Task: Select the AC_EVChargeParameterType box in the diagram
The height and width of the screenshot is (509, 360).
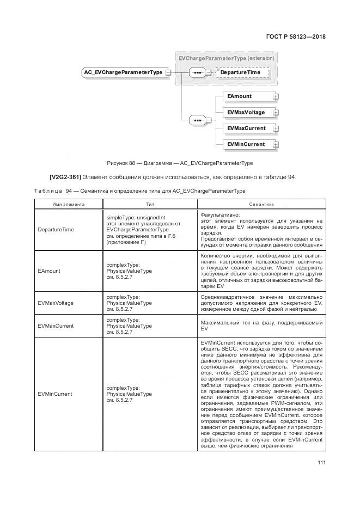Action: coord(123,72)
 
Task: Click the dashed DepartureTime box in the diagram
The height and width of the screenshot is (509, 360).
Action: coord(243,72)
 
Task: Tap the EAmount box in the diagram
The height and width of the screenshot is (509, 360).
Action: coord(247,96)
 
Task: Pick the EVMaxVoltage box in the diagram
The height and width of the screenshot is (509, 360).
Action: coord(247,113)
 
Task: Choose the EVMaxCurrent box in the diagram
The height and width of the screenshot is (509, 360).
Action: coord(247,128)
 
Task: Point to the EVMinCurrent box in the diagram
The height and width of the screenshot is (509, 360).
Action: coord(247,144)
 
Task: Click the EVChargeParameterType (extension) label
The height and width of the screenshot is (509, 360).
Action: coord(226,58)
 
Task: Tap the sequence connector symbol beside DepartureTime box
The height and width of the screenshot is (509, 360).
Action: coord(197,72)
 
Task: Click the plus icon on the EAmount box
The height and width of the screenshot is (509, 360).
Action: coord(275,97)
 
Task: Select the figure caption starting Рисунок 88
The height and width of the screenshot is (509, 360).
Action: coord(180,162)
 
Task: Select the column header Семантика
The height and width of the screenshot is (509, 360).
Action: coord(261,204)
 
